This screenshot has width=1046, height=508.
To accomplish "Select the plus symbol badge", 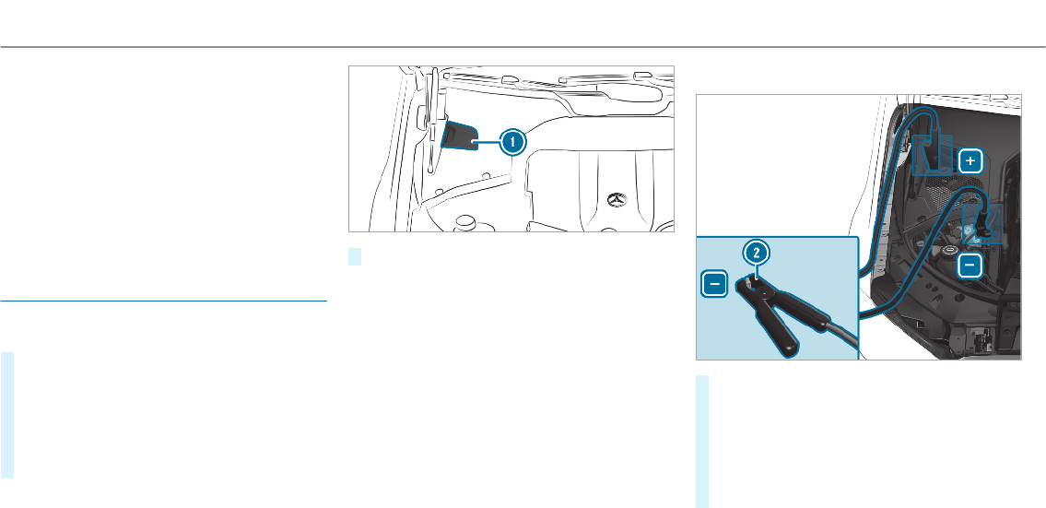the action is tap(970, 161).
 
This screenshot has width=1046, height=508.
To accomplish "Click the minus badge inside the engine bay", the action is tap(970, 266).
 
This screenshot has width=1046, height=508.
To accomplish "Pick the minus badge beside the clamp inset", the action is tap(714, 286).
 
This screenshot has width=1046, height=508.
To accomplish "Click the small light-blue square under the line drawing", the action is tap(355, 256).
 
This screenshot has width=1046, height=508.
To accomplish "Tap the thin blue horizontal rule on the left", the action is tap(164, 301).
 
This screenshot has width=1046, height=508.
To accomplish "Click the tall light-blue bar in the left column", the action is tap(7, 415).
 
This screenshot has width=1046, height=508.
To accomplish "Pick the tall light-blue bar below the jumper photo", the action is tap(702, 442).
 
